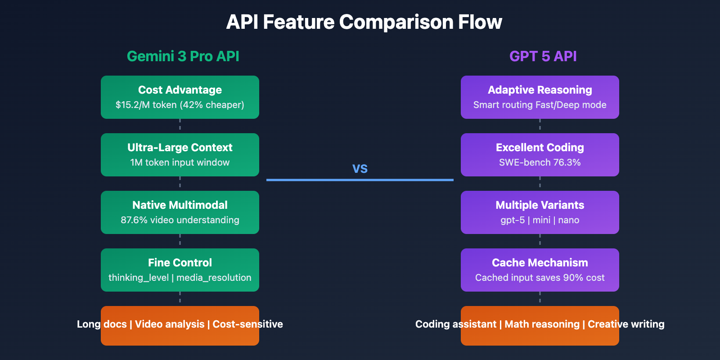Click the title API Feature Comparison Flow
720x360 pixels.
[x=364, y=22]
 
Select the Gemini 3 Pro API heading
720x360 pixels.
[x=183, y=56]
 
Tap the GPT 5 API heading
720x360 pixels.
[x=543, y=56]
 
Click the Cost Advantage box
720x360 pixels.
[x=180, y=97]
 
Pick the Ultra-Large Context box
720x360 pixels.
[x=180, y=154]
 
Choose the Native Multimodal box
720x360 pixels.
[x=180, y=212]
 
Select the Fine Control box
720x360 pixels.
[x=180, y=270]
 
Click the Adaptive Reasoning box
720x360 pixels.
[x=540, y=97]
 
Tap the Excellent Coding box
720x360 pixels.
[x=540, y=154]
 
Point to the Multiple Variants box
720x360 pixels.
[x=540, y=212]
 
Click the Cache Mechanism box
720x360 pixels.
[x=540, y=270]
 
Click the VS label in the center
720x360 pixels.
[x=360, y=169]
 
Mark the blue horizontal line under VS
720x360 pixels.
[x=360, y=180]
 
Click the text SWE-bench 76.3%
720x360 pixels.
[x=540, y=162]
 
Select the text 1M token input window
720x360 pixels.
[x=180, y=162]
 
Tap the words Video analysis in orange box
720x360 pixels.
[x=170, y=324]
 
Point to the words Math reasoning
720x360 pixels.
[x=542, y=324]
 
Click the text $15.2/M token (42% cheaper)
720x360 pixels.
[x=180, y=105]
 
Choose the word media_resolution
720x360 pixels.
[x=214, y=278]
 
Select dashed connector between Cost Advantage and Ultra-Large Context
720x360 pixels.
[x=180, y=126]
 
